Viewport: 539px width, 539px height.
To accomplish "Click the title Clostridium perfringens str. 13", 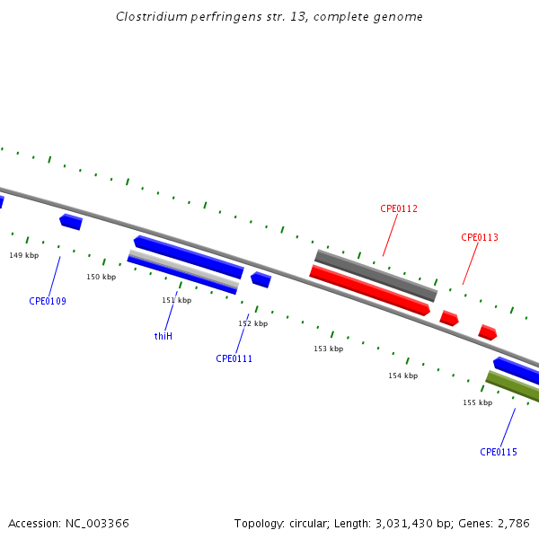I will click(269, 17).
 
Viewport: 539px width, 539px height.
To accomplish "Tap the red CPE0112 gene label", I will click(399, 208).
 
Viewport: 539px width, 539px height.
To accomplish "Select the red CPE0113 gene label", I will click(480, 237).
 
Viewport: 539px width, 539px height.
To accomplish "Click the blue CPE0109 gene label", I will click(48, 301).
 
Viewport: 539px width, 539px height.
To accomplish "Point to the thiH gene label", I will click(163, 336).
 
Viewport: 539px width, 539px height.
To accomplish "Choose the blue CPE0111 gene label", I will click(234, 358).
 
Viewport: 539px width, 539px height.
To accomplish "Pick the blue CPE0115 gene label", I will click(499, 452).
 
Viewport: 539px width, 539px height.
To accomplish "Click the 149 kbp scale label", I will click(24, 255).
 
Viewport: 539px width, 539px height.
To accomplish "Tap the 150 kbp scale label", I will click(102, 277).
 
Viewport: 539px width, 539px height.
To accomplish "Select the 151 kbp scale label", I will click(177, 300).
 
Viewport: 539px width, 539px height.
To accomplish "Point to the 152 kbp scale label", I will click(252, 323).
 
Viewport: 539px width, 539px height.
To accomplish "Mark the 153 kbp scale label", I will click(328, 349).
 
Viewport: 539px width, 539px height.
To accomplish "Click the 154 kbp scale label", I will click(402, 376).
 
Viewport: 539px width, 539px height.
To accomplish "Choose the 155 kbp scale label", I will click(477, 402).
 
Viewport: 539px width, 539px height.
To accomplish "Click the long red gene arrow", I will click(368, 290).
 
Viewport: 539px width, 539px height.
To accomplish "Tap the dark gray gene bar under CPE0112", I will click(376, 276).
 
